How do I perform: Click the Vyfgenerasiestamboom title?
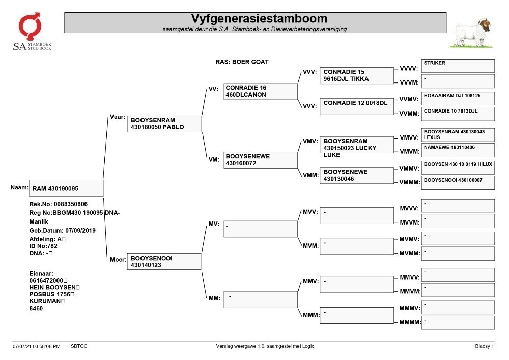click(x=259, y=18)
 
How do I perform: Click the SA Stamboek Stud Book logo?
click(x=32, y=31)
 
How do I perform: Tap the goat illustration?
click(x=472, y=33)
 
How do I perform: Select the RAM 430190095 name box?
click(x=66, y=188)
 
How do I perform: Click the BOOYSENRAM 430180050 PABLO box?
click(x=164, y=124)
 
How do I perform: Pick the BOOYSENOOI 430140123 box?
click(x=164, y=261)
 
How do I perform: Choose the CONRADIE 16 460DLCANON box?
click(x=260, y=91)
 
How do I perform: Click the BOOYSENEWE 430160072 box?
click(x=260, y=160)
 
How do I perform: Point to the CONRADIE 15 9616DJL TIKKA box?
click(x=357, y=75)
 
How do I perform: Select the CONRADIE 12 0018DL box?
click(x=357, y=106)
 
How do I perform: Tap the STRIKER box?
click(x=458, y=66)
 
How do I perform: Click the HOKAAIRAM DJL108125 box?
click(x=458, y=99)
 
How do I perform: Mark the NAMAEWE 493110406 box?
click(x=458, y=150)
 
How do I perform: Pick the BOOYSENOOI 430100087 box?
click(x=458, y=183)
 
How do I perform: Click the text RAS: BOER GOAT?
click(x=242, y=62)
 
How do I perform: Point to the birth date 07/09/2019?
click(x=80, y=231)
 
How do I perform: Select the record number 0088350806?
click(x=71, y=204)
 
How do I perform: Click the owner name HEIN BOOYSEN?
click(x=52, y=287)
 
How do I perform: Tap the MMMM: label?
click(x=410, y=322)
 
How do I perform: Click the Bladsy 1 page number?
click(x=485, y=346)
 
